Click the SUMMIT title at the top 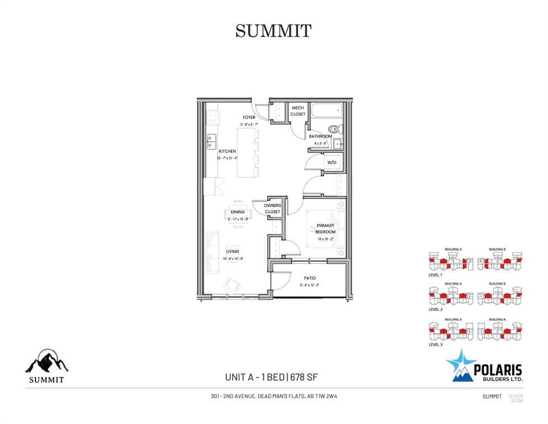pos(273,30)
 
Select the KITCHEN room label pos(227,151)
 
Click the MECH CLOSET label pos(298,111)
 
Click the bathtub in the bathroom pos(326,114)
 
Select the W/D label pos(332,163)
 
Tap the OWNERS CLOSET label pos(273,209)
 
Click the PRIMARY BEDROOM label pos(325,229)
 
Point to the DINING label pos(238,212)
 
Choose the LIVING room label pos(231,252)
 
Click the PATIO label pos(309,278)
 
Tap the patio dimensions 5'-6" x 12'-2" pos(309,285)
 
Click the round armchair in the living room pos(232,285)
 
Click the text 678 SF pos(302,378)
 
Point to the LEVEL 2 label pos(435,310)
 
